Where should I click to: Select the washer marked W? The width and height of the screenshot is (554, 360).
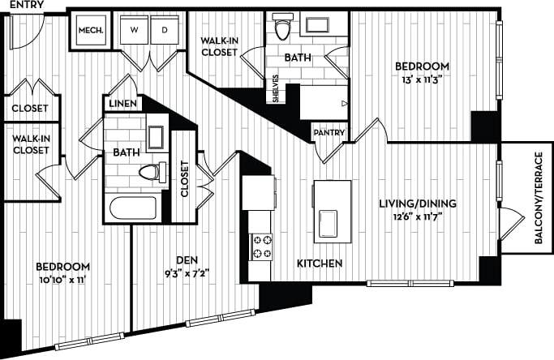133,31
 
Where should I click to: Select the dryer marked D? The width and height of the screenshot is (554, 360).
165,31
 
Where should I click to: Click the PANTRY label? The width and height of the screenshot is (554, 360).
329,133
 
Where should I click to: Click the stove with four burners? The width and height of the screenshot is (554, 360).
262,246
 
